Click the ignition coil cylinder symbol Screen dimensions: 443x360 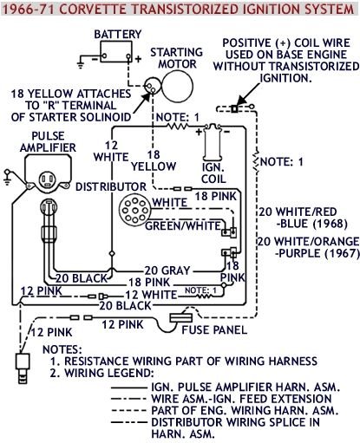coord(212,142)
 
